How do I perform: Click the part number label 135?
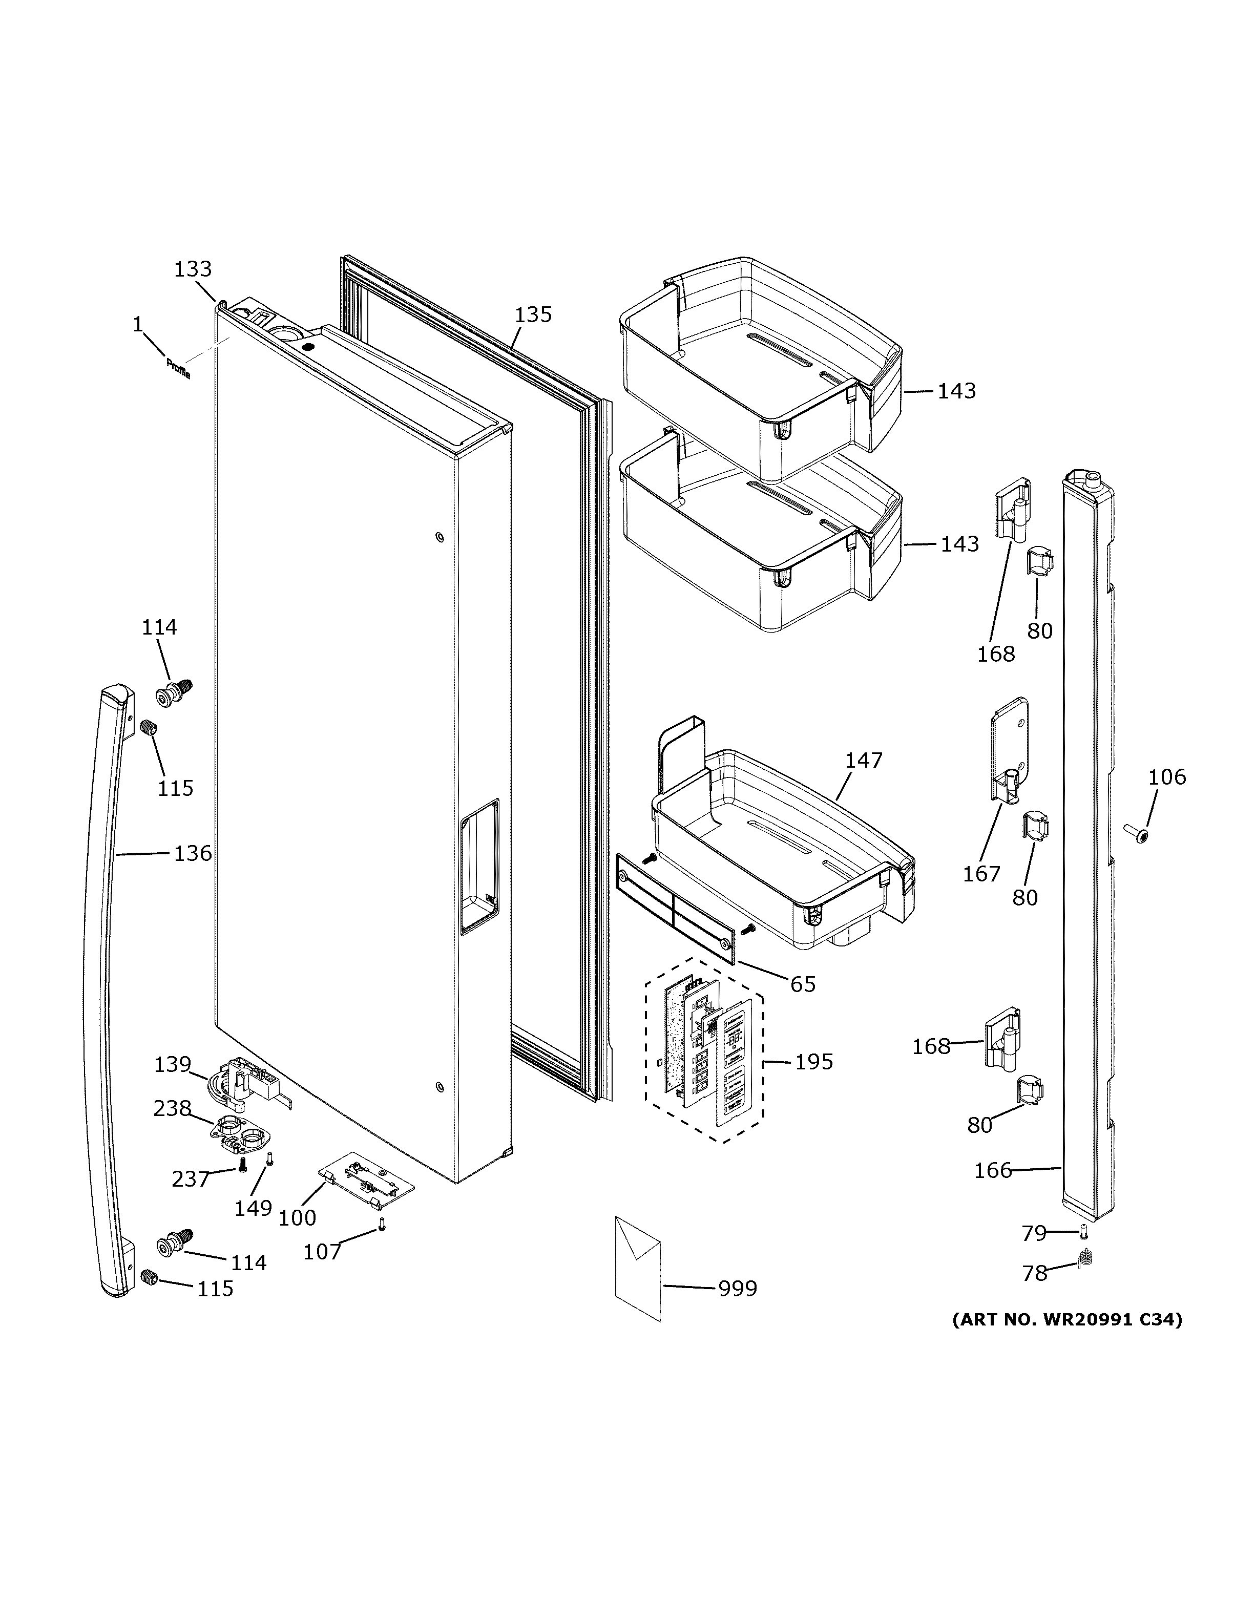pyautogui.click(x=533, y=315)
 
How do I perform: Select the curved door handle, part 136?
pyautogui.click(x=104, y=995)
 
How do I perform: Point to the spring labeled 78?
pyautogui.click(x=1085, y=1258)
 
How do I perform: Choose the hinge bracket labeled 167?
pyautogui.click(x=1011, y=750)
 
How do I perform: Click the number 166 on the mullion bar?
pyautogui.click(x=993, y=1170)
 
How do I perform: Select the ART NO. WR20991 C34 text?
pyautogui.click(x=1066, y=1320)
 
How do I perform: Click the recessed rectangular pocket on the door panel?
pyautogui.click(x=479, y=865)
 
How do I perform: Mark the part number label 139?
pyautogui.click(x=172, y=1064)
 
